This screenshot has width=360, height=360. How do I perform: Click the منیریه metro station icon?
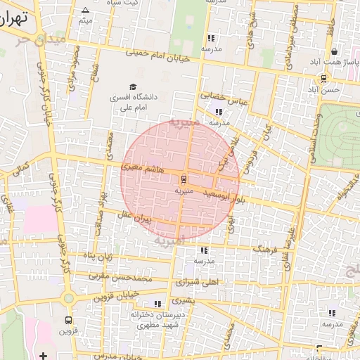[184, 179]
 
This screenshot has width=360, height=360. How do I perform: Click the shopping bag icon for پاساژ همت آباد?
[333, 52]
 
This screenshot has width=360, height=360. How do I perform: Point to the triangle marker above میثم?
[86, 10]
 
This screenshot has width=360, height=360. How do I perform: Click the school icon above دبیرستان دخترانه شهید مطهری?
[157, 304]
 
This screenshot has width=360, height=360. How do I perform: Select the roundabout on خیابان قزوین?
[67, 298]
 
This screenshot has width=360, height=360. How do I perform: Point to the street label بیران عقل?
[150, 220]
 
